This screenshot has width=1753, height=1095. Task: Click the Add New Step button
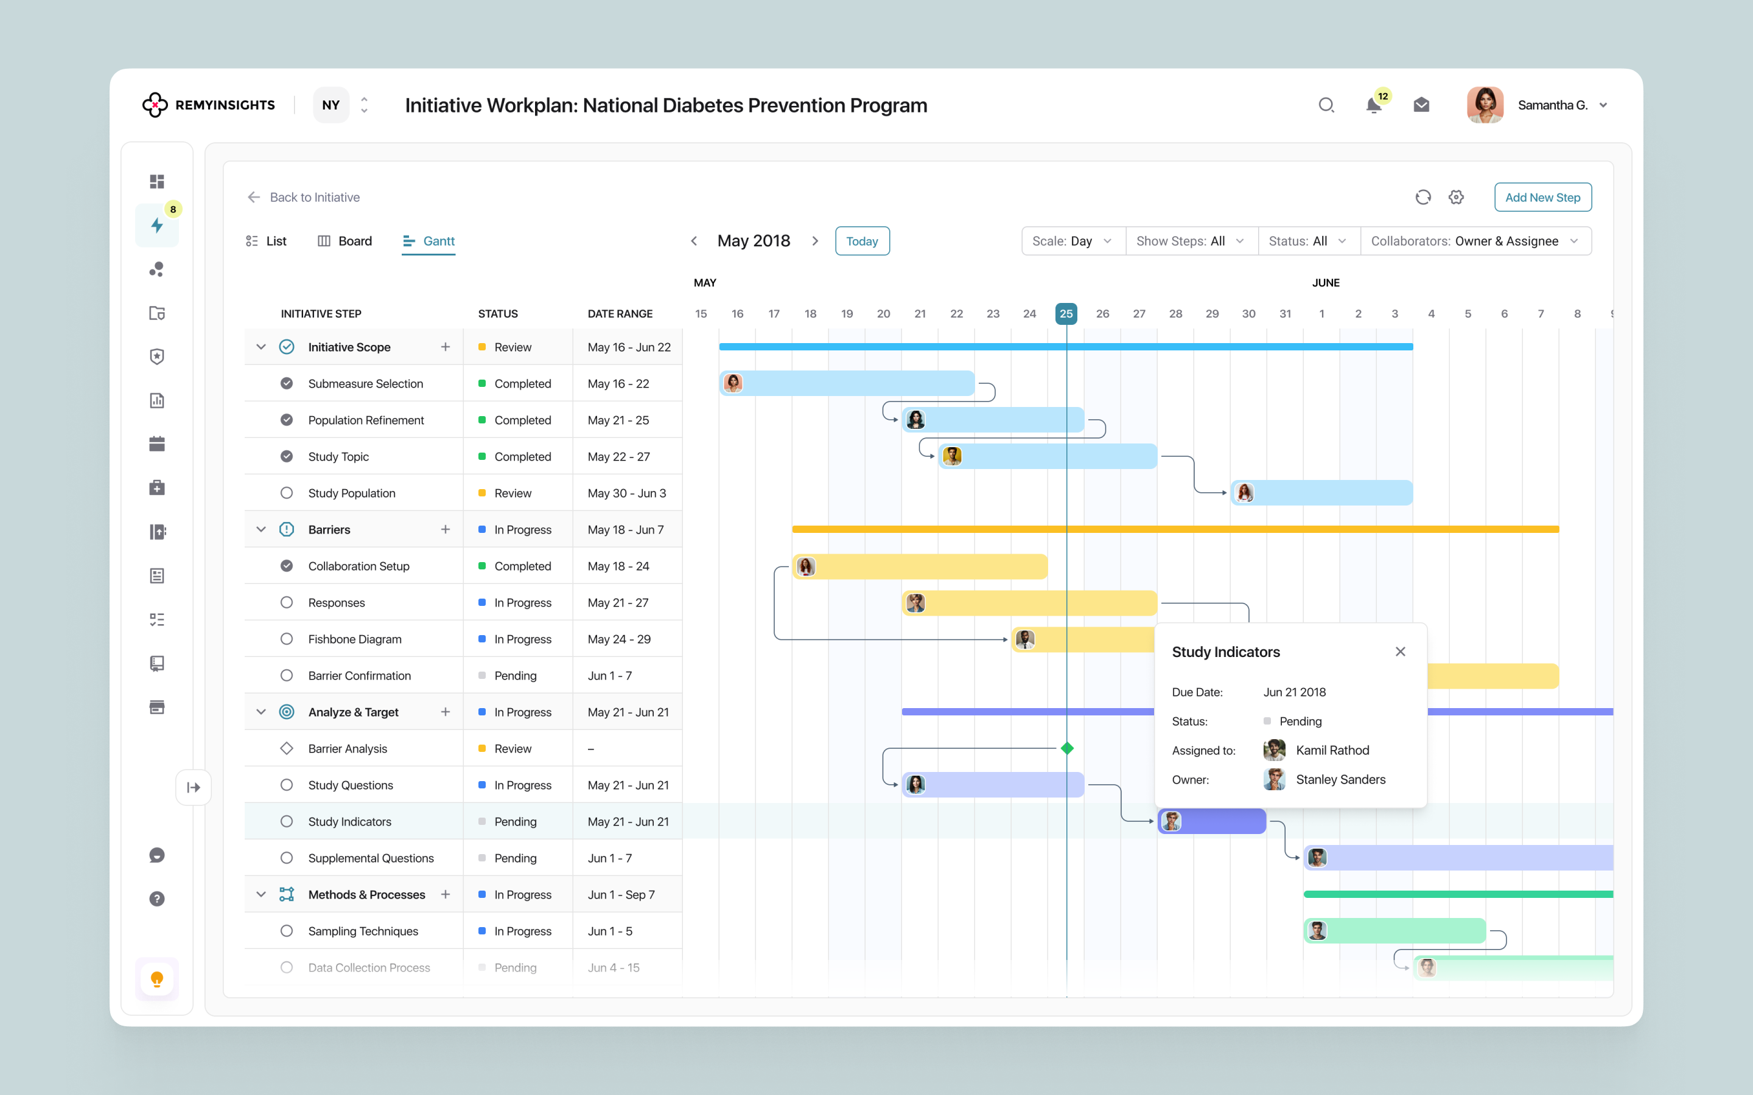point(1542,197)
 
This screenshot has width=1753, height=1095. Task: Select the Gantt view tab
point(429,241)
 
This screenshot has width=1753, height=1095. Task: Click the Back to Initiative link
point(304,197)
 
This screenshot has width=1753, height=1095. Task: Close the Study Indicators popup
point(1400,652)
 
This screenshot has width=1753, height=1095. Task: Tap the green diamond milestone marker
point(1067,748)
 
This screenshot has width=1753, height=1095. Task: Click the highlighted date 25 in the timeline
point(1066,313)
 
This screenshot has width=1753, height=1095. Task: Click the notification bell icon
point(1373,106)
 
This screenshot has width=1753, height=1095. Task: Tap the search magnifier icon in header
point(1326,106)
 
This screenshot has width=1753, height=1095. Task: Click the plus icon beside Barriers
point(446,529)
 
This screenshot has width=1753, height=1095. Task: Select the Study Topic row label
point(338,457)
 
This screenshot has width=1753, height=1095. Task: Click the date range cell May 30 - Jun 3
point(628,493)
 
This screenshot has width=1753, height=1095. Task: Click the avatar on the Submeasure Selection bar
point(733,383)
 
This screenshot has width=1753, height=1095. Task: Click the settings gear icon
point(1456,197)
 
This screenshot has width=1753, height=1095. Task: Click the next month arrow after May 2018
point(815,241)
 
